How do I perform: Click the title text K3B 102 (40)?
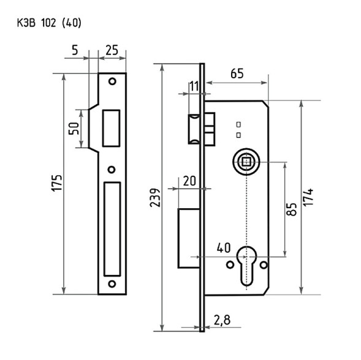tap(49, 23)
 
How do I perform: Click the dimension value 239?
tap(155, 198)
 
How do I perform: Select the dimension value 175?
tap(56, 183)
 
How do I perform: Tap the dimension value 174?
tap(308, 197)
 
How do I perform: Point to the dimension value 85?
tap(292, 209)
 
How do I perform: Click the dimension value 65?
tap(237, 73)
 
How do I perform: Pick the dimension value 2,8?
tap(222, 320)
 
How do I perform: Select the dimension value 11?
tap(194, 86)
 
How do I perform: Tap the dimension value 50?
tap(74, 129)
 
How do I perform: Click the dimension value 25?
tap(112, 50)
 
